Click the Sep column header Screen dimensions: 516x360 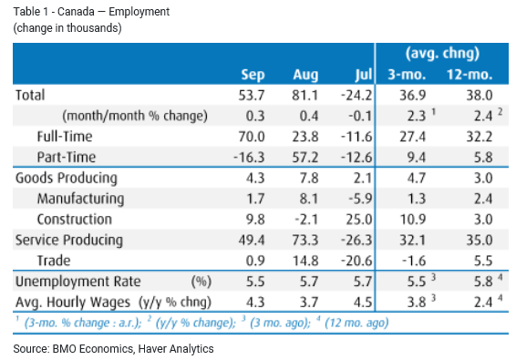[x=253, y=75]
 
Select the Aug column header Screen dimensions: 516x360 [x=305, y=75]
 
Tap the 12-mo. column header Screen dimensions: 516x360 [x=470, y=75]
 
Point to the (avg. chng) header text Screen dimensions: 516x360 [x=442, y=53]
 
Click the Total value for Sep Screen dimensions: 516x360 [x=252, y=96]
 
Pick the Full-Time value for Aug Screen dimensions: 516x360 [x=305, y=137]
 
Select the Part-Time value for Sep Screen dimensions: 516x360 [x=249, y=158]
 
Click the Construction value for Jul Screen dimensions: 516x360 [x=359, y=220]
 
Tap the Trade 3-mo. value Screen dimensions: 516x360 [x=414, y=261]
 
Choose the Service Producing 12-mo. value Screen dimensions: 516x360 [x=480, y=241]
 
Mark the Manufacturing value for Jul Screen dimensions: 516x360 [x=360, y=199]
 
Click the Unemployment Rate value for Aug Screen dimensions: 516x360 [x=309, y=282]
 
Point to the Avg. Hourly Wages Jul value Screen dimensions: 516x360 [x=363, y=303]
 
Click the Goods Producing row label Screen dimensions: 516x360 [x=67, y=179]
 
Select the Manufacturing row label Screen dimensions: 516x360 [x=80, y=199]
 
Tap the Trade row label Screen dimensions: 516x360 [x=54, y=261]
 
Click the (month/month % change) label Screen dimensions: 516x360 [x=135, y=116]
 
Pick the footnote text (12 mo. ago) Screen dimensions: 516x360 [x=356, y=323]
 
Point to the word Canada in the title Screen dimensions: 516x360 [x=76, y=12]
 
